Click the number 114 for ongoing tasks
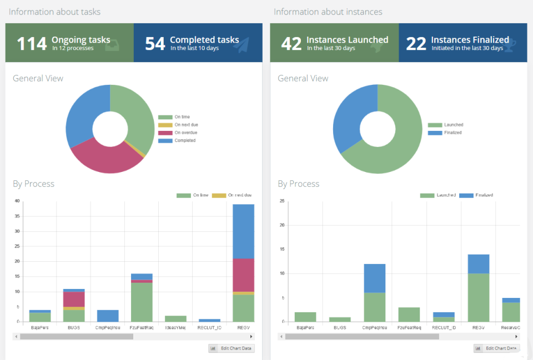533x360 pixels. [x=32, y=43]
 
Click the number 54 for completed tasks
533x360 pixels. [x=155, y=43]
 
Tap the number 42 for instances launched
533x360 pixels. [x=291, y=43]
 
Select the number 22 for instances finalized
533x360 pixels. [x=416, y=43]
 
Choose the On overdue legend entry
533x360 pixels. [x=185, y=133]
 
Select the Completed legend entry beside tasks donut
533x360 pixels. [x=184, y=140]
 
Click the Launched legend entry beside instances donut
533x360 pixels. [x=453, y=125]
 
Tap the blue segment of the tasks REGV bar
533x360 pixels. [x=243, y=231]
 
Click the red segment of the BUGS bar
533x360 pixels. [x=73, y=299]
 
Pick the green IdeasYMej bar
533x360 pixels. [x=176, y=318]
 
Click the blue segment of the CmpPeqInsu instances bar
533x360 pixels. [x=375, y=278]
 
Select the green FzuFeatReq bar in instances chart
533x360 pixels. [x=409, y=315]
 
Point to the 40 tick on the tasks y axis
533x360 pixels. [x=17, y=201]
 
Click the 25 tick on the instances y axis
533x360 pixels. [x=282, y=201]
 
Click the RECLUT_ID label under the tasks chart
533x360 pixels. [x=209, y=328]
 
